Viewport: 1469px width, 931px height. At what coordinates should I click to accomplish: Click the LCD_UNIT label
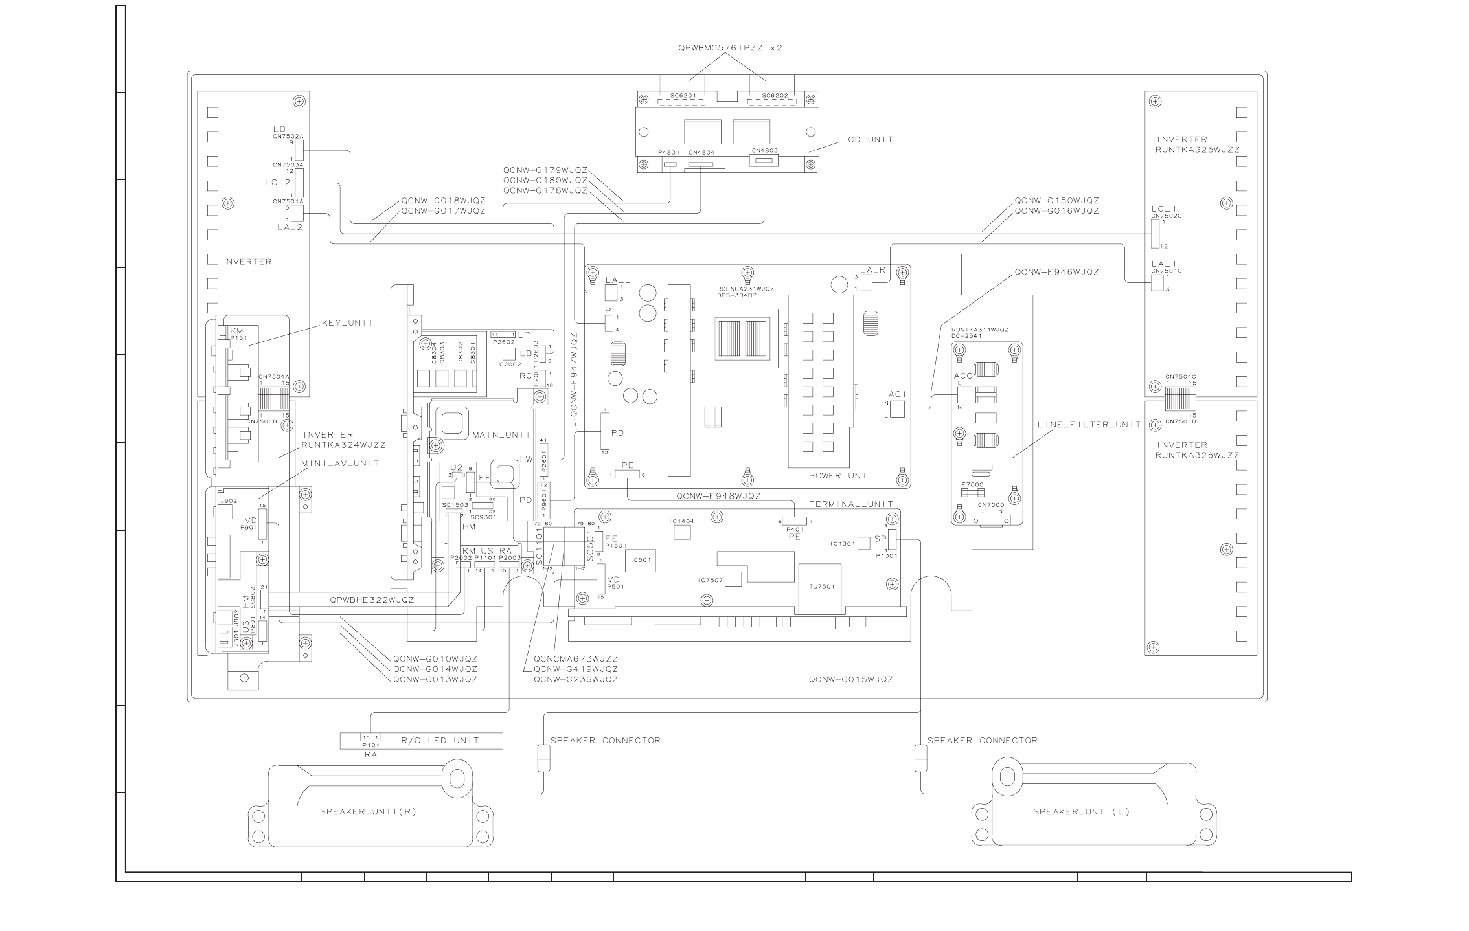coord(867,139)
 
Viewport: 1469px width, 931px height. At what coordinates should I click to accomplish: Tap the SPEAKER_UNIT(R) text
coord(368,812)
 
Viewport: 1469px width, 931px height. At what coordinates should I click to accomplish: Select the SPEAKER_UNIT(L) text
coord(1081,812)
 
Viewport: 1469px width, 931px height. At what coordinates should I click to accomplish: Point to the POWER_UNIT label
coord(841,476)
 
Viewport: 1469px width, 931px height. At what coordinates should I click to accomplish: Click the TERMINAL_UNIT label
coord(851,504)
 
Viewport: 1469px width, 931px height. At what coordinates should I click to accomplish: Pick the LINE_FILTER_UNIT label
coord(1089,425)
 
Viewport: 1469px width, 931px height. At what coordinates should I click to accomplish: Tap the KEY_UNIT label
coord(348,323)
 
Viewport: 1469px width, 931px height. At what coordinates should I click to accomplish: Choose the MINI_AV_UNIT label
coord(341,464)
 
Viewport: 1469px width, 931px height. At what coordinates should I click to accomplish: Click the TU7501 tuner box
coord(822,587)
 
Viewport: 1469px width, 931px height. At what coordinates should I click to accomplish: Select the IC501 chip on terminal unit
coord(640,560)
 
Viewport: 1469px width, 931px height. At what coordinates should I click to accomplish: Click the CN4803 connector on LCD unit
coord(765,161)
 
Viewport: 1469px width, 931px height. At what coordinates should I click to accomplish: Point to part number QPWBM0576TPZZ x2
coord(730,48)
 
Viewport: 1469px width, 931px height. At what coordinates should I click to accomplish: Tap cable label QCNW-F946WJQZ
coord(1056,273)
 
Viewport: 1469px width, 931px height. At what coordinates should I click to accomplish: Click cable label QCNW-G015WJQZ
coord(850,680)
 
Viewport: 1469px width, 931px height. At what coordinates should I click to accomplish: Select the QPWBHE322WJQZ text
coord(372,600)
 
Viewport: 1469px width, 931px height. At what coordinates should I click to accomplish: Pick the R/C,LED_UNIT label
coord(440,741)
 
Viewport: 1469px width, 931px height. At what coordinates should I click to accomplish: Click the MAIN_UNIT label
coord(502,434)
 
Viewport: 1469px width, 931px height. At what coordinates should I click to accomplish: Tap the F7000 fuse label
coord(972,484)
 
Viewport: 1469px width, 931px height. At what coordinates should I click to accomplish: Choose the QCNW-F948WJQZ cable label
coord(718,497)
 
